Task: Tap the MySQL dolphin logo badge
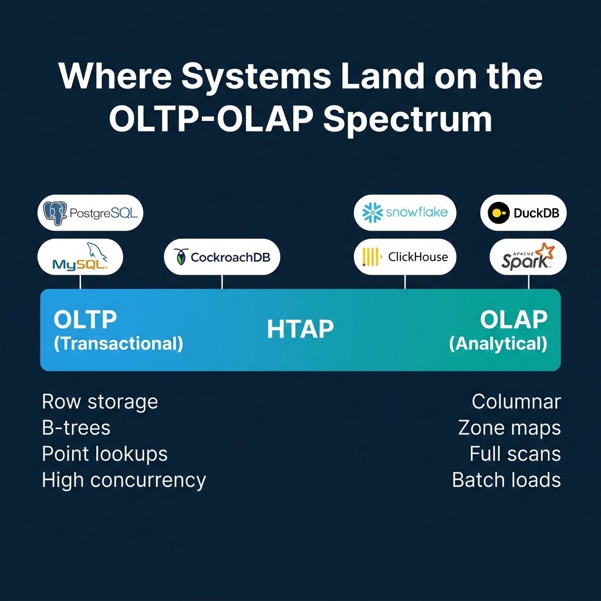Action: point(80,257)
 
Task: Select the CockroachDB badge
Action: point(222,256)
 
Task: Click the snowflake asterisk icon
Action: point(373,212)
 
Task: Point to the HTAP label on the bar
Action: point(300,329)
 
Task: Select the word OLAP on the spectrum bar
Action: point(514,320)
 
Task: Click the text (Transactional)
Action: point(118,343)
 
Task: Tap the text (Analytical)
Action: point(498,343)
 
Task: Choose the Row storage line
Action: point(100,402)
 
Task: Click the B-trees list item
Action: point(76,428)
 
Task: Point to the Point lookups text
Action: point(104,454)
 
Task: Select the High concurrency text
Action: point(124,480)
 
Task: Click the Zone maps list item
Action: point(509,428)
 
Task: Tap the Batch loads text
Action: point(506,480)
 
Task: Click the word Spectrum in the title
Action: point(407,119)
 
